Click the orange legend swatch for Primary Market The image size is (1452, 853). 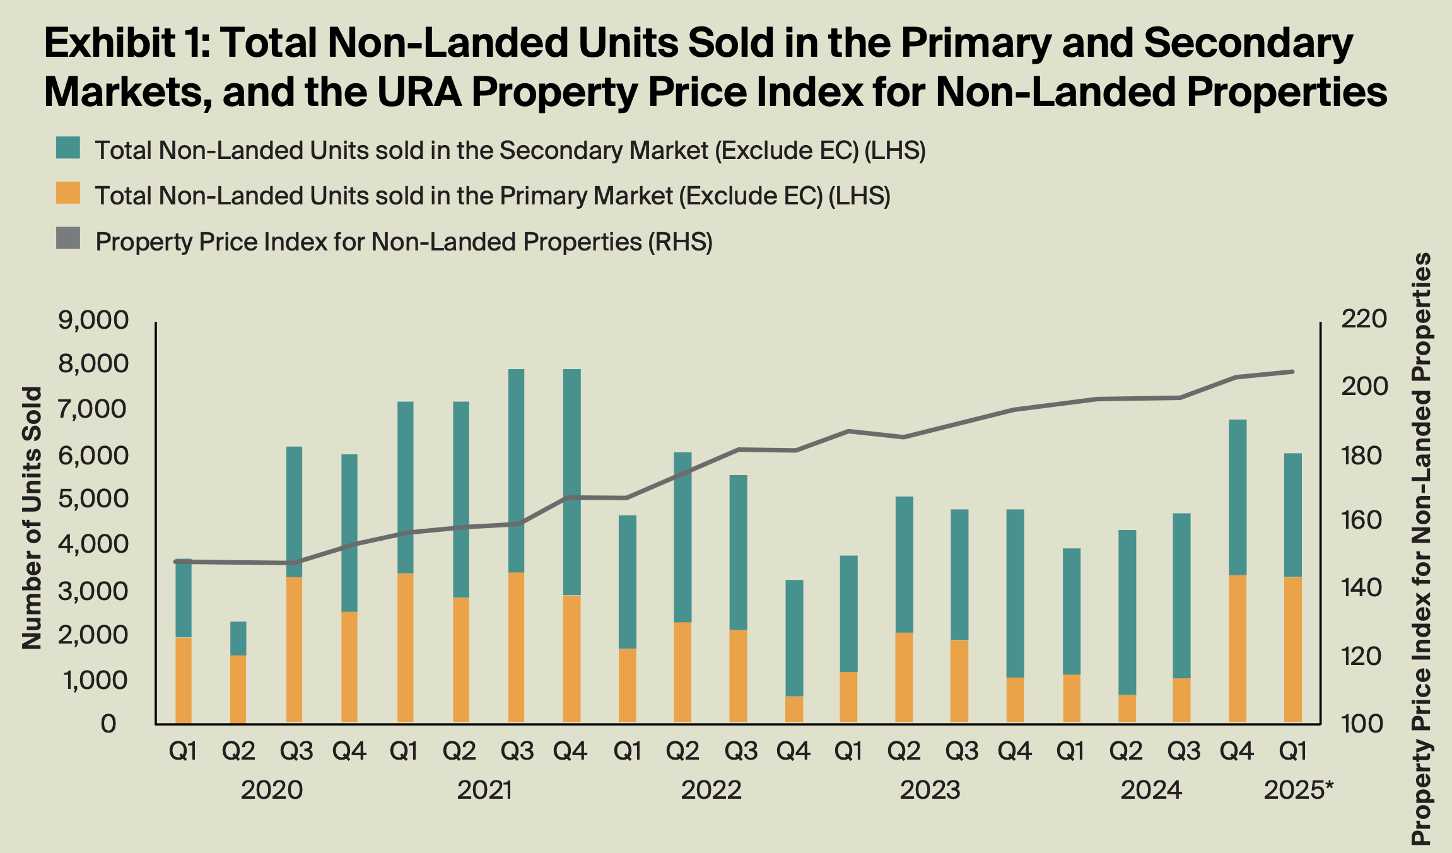68,193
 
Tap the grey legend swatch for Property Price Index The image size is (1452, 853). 68,238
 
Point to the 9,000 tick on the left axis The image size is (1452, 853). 93,321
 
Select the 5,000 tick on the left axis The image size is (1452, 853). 93,499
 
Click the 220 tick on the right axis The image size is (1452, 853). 1364,319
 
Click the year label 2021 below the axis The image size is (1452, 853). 484,790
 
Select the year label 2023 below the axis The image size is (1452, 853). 930,790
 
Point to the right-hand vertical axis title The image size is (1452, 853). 1420,549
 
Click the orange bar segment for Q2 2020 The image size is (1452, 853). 238,689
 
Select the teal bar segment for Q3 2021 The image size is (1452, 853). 517,471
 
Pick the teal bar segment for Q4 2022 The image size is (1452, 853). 794,637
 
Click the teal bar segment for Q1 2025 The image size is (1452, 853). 1293,515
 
